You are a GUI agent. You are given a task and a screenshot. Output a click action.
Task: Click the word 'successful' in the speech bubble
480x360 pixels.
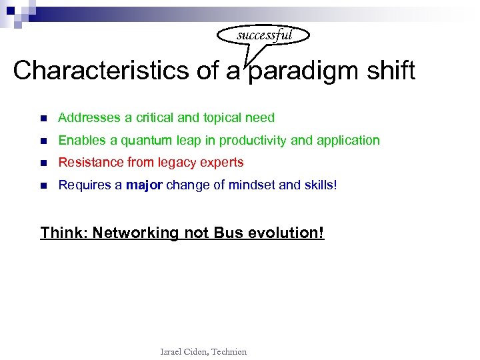click(x=264, y=35)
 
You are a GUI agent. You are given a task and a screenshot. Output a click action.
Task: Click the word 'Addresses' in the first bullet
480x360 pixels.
click(x=87, y=118)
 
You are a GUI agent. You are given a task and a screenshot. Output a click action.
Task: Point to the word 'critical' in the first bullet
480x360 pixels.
click(x=155, y=118)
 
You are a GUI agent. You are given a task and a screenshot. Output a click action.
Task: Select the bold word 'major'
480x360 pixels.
click(x=144, y=185)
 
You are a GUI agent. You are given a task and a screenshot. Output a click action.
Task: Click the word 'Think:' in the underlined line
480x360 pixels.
click(x=64, y=233)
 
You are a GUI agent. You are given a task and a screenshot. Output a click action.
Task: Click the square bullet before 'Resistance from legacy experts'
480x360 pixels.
click(x=43, y=163)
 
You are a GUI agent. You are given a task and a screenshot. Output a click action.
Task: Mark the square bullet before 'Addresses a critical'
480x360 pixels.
click(x=43, y=119)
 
